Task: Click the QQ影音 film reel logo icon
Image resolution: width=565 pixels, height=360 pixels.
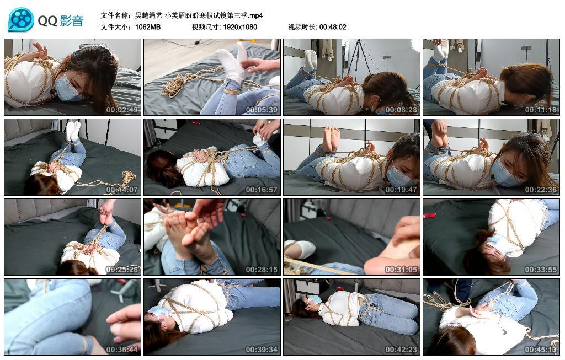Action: pos(21,20)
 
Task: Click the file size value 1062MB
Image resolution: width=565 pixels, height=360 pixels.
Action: pos(148,26)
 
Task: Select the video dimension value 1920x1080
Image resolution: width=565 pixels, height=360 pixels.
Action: pos(240,26)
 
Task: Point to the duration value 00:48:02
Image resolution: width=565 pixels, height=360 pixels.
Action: pos(333,26)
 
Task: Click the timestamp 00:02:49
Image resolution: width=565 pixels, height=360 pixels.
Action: pos(121,110)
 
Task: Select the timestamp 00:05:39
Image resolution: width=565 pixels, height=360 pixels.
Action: pos(261,110)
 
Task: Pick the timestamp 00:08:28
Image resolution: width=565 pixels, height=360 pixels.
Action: pos(401,110)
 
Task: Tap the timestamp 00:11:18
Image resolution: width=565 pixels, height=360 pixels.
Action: pos(541,110)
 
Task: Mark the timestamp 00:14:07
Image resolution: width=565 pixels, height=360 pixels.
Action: pos(121,190)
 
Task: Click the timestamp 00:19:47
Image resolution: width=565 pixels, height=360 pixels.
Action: pos(401,190)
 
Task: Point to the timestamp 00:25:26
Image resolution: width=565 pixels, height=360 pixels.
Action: pos(121,270)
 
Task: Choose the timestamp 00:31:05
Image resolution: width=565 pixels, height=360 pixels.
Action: pos(401,270)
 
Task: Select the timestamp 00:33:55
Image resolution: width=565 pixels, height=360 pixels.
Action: pos(541,270)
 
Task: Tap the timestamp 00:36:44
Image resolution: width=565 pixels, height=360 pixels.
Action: pos(121,350)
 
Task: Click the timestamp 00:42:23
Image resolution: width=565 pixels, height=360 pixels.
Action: pos(401,350)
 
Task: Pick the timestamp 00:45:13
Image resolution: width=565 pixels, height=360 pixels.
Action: pos(541,350)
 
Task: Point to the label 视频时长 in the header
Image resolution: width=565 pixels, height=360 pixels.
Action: pos(302,26)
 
